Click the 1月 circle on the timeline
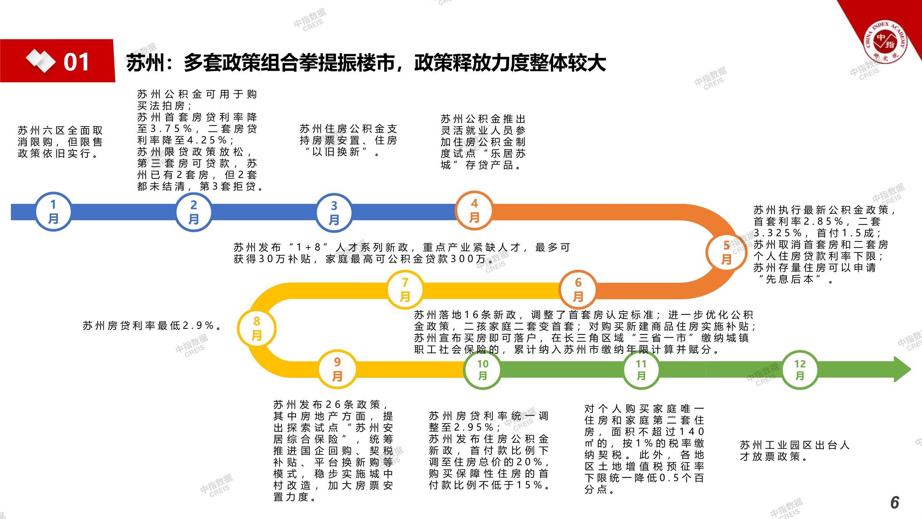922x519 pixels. coord(53,212)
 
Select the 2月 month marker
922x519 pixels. coord(194,212)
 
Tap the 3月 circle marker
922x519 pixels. coord(334,213)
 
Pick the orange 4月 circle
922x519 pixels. coord(474,211)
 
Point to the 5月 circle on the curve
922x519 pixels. coord(726,252)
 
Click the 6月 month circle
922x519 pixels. coord(578,290)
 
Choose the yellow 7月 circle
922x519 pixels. coord(405,290)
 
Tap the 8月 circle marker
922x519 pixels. coord(257,328)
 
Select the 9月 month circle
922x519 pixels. coord(337,369)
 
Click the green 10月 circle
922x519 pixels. coord(483,369)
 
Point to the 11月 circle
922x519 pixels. coord(641,369)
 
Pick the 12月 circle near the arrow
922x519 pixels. coord(800,369)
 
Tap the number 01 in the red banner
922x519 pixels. coord(76,62)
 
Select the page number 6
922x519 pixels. coord(895,502)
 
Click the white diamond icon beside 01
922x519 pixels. coord(40,61)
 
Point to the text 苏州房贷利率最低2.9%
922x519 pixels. coord(152,326)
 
